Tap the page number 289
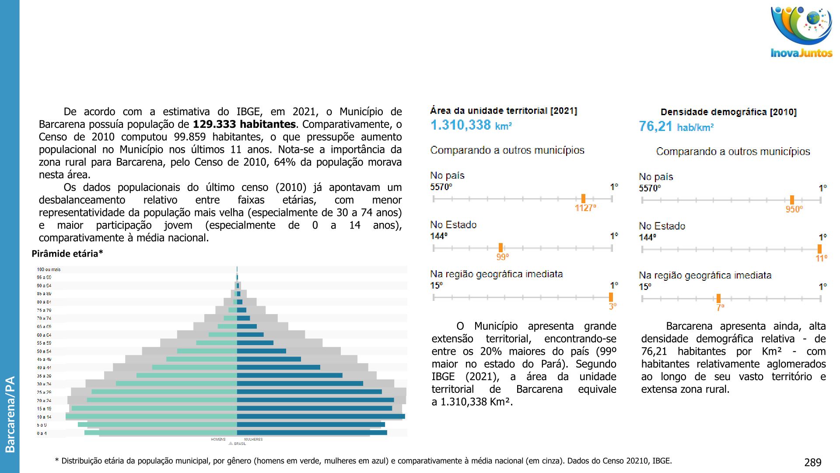click(812, 462)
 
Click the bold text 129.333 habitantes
click(244, 124)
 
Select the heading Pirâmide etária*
click(67, 254)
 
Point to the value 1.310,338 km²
click(471, 125)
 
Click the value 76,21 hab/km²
click(676, 127)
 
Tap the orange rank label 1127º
click(585, 208)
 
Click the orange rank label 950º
click(794, 209)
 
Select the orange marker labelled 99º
click(500, 248)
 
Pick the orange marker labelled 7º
click(718, 298)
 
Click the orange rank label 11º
click(821, 258)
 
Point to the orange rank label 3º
click(612, 306)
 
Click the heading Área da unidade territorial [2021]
click(504, 111)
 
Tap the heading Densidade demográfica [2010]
click(728, 112)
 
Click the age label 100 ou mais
click(49, 269)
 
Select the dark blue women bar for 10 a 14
click(321, 417)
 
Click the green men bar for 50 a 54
click(207, 351)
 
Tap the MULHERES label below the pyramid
click(253, 439)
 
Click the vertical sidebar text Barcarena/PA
click(10, 414)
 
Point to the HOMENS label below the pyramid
click(218, 439)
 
